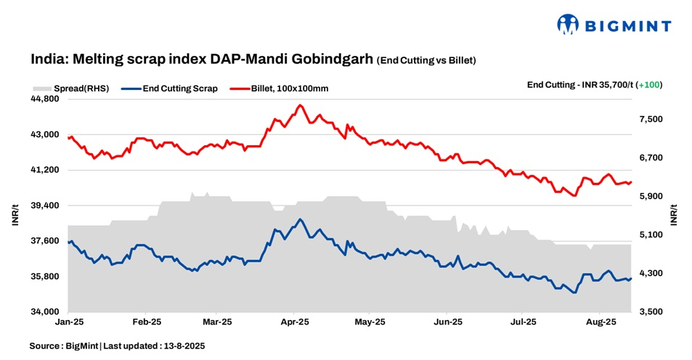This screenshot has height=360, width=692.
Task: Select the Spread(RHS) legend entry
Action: click(x=70, y=89)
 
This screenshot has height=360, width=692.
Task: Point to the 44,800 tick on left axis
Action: click(x=46, y=99)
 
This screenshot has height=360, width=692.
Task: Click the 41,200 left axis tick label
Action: click(x=46, y=170)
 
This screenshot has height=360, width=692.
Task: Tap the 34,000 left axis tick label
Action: click(x=46, y=312)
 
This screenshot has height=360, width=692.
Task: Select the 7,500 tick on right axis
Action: click(x=651, y=119)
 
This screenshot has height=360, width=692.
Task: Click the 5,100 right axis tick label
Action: click(x=651, y=235)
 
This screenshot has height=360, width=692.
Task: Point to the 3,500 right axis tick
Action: click(x=651, y=312)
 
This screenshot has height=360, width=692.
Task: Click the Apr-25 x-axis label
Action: click(x=295, y=321)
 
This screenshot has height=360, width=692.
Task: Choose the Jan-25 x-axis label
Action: click(x=69, y=321)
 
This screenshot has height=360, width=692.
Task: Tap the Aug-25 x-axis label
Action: click(x=601, y=321)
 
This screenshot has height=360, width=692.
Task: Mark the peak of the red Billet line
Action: click(x=299, y=105)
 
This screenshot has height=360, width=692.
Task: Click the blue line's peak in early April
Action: click(x=299, y=219)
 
